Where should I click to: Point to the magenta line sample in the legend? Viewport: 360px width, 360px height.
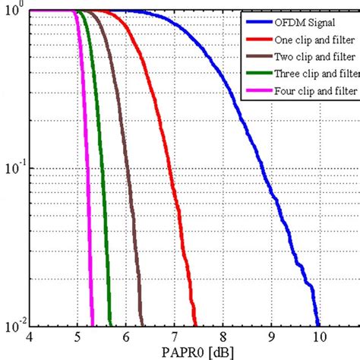click(255, 93)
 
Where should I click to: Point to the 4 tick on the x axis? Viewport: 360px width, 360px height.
click(30, 337)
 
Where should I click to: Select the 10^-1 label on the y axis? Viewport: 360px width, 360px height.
click(14, 169)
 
